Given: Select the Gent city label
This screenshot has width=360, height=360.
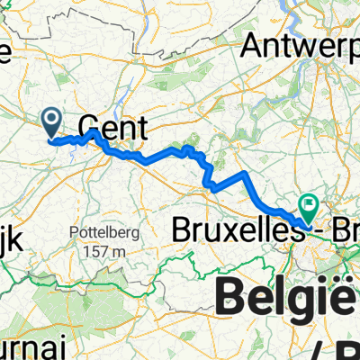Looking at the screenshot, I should point(112,125).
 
